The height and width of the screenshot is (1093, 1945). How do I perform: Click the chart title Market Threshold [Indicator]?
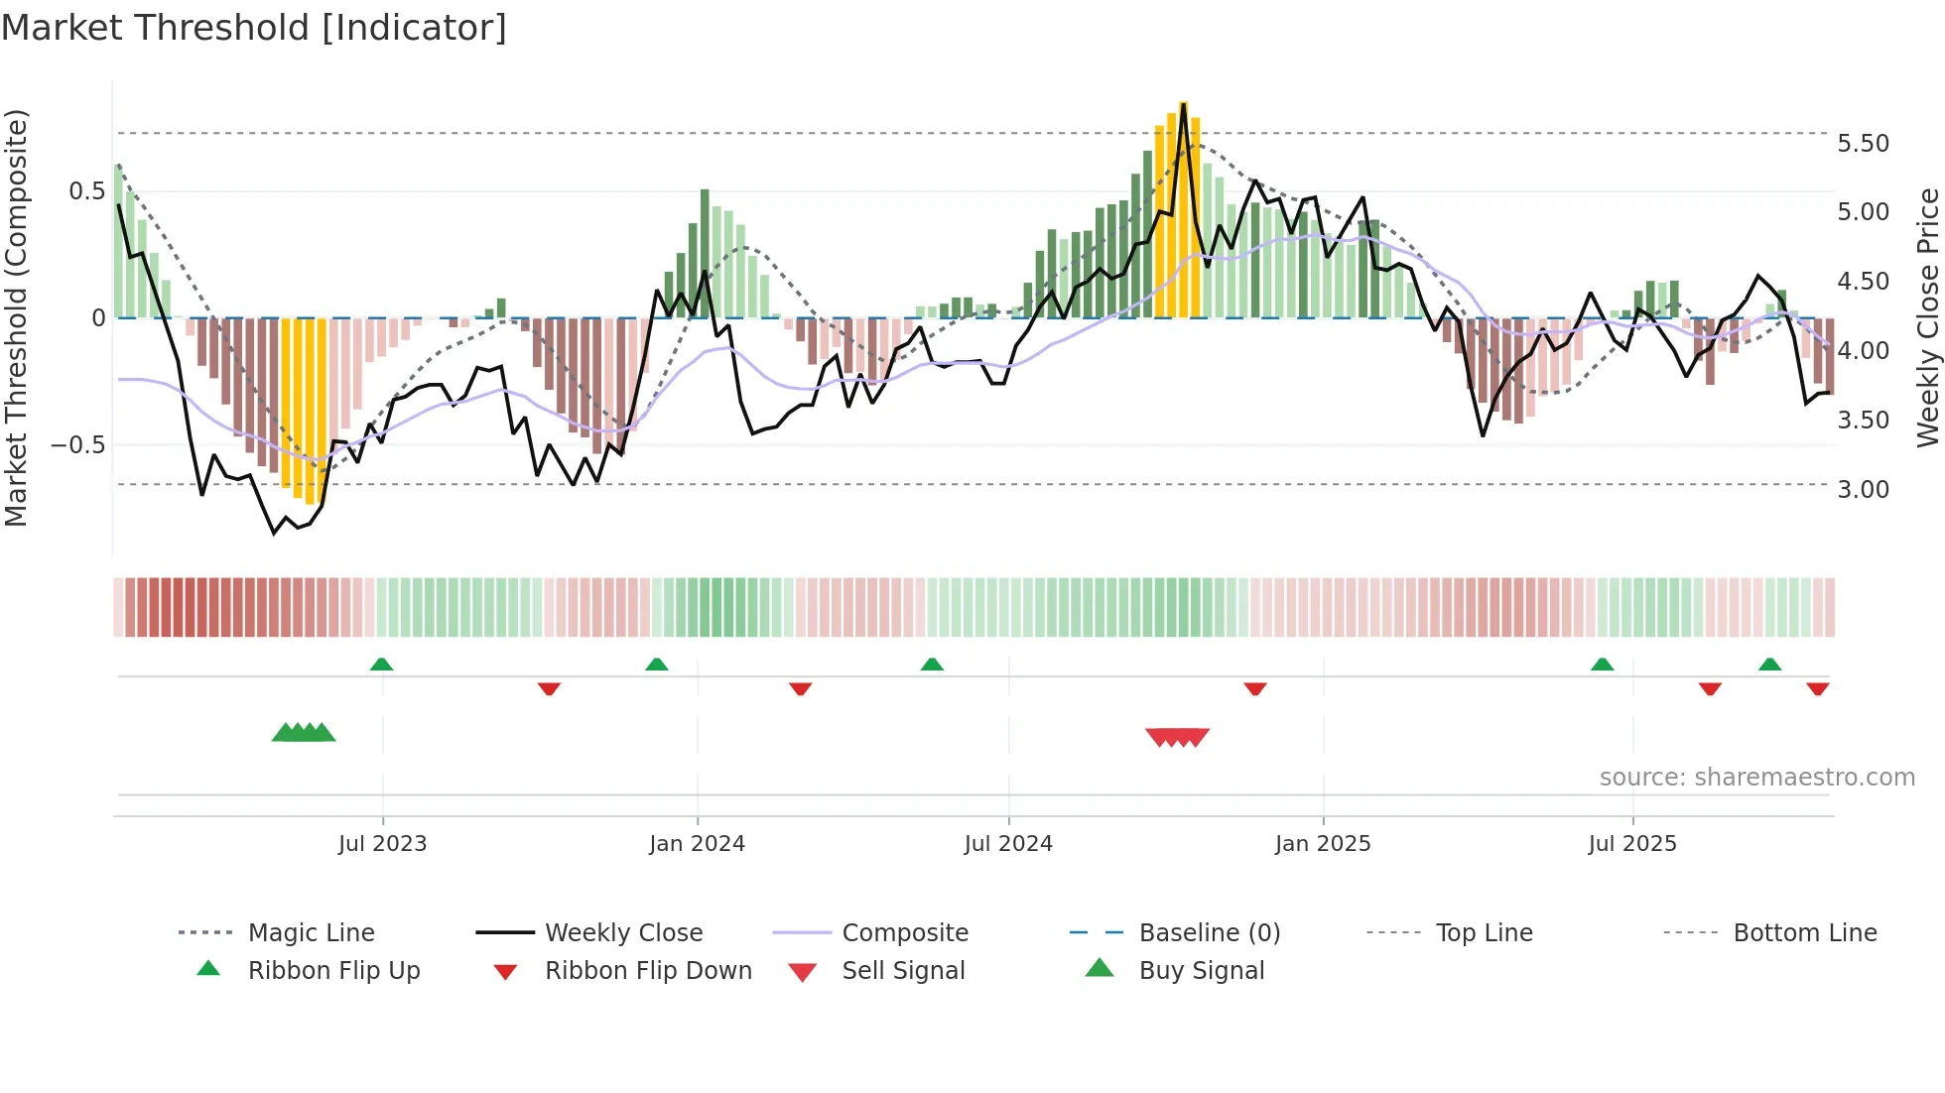[254, 28]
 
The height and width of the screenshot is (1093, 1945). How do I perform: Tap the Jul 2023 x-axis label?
[382, 844]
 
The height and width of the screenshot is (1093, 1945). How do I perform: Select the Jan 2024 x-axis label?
[697, 844]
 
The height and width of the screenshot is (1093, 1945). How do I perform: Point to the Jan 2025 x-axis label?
[1323, 844]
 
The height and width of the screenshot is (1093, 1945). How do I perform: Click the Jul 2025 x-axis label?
[1632, 844]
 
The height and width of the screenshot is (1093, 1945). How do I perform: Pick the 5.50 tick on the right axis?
[1864, 144]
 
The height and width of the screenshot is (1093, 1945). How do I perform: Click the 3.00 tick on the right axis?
[1864, 490]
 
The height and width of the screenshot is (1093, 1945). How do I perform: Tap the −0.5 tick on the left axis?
[77, 445]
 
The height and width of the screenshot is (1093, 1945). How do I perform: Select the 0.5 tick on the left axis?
[86, 191]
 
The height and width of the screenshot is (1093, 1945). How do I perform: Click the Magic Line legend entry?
[311, 933]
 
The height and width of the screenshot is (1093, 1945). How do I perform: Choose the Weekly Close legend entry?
[623, 933]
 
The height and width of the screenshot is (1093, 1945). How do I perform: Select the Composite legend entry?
[905, 933]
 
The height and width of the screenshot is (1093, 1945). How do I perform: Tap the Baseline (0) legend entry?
[1210, 933]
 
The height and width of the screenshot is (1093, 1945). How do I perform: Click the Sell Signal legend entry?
[903, 971]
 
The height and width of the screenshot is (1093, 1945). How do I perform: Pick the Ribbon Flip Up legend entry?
[333, 971]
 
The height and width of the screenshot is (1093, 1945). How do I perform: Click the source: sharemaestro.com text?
[1756, 778]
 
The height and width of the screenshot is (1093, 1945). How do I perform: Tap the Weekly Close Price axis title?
[1927, 317]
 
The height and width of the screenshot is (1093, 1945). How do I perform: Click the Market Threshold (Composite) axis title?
[16, 317]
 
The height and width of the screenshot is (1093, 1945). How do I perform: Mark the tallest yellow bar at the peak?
[1183, 208]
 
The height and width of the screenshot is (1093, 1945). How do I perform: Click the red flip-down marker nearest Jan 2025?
[1255, 688]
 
